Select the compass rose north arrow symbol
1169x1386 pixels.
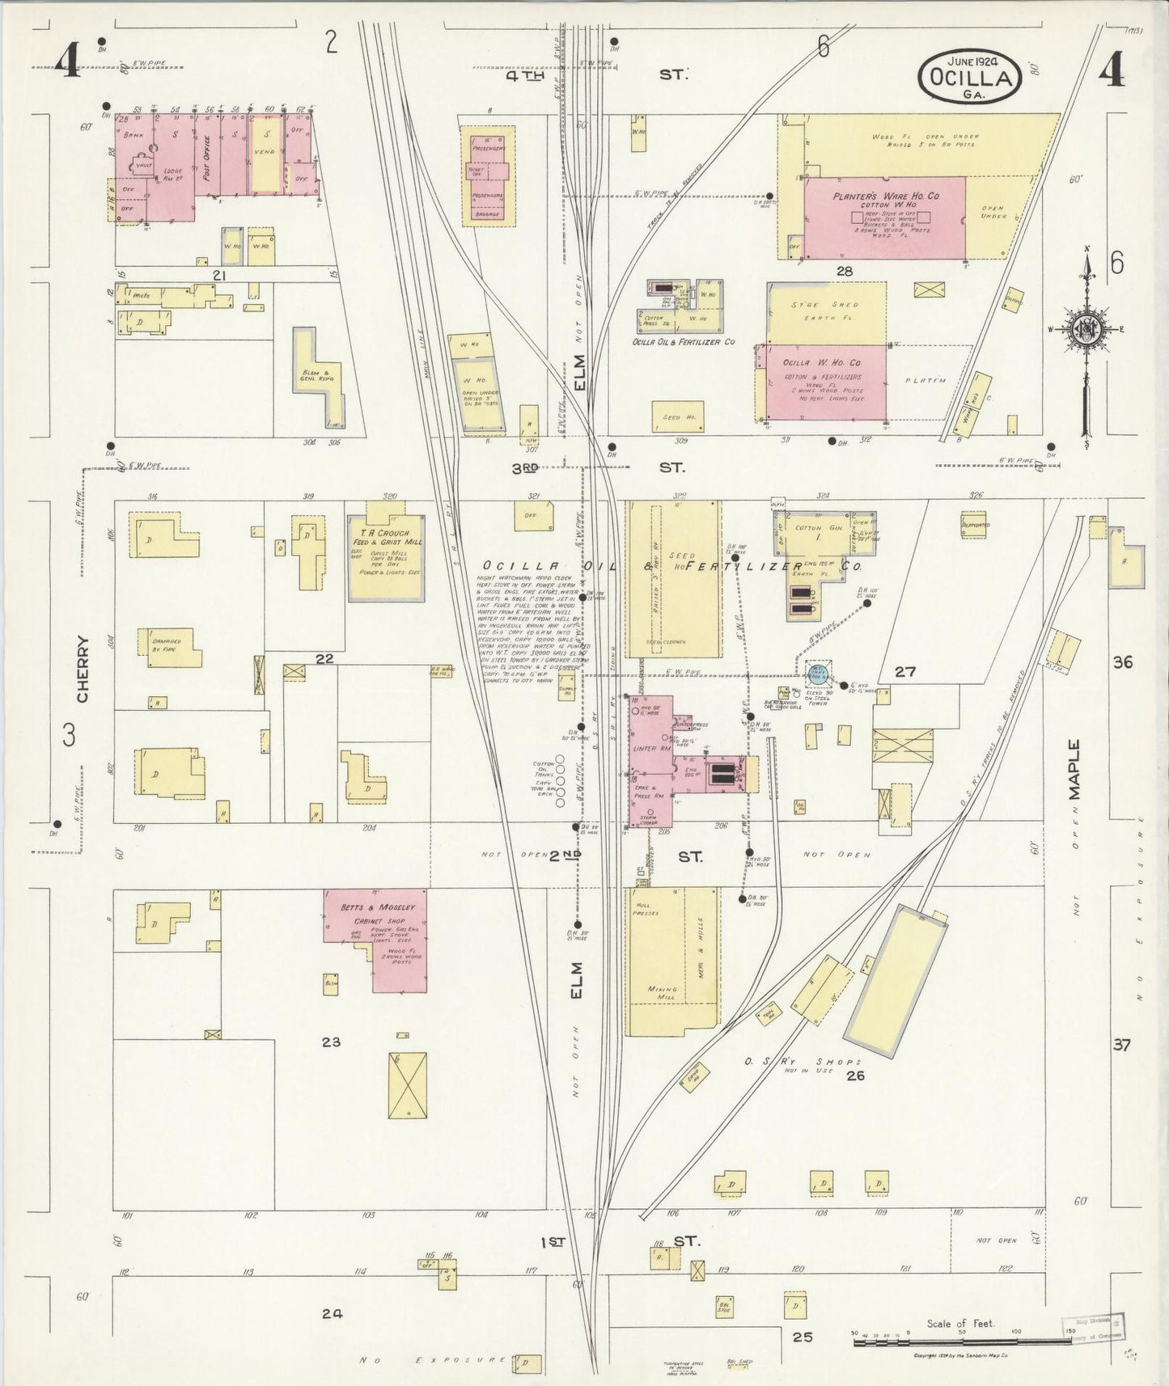pos(1086,330)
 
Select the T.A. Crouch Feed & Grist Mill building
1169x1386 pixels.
pos(386,558)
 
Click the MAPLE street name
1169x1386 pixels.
pos(1074,768)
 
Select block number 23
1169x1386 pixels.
pos(330,1042)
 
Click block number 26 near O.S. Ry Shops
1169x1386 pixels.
pos(855,1075)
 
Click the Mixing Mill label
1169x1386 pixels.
pos(661,993)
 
